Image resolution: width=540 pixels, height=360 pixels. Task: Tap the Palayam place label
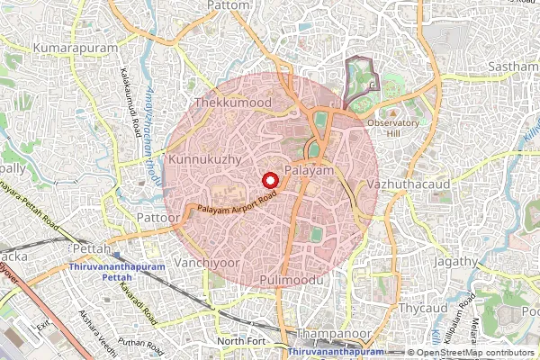pos(309,170)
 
